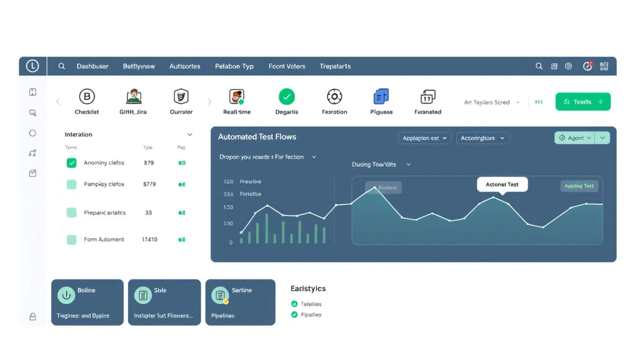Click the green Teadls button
582,102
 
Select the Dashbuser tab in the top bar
92,66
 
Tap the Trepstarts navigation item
335,66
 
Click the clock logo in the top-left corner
32,66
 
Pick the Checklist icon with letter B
87,97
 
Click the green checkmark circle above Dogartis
286,97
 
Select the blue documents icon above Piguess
381,97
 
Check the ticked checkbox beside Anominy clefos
72,163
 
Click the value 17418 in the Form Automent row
149,240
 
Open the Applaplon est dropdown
424,138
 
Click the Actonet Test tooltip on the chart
502,185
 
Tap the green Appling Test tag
579,186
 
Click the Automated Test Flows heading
257,137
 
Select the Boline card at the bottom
87,302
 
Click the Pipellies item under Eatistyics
311,315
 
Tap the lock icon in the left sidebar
33,317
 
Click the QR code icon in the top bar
604,66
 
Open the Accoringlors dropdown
482,138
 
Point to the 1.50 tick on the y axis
228,207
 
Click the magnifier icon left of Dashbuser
61,66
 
